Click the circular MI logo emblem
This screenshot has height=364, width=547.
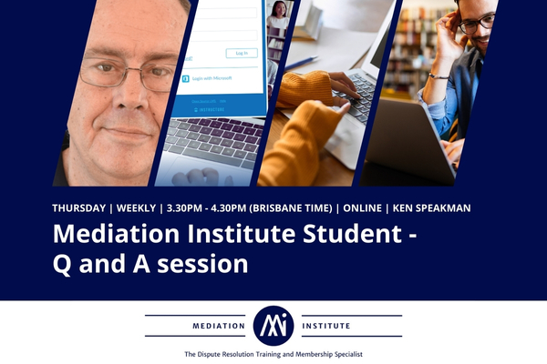point(273,325)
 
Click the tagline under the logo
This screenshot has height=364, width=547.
point(273,353)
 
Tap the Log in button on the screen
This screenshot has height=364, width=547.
point(241,53)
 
